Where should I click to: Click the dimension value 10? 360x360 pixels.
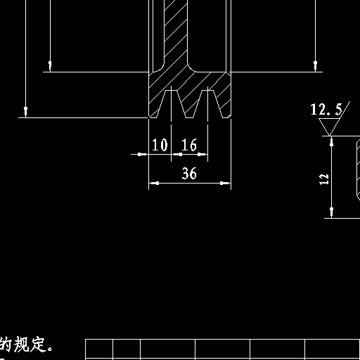click(x=160, y=145)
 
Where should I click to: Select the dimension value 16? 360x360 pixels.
click(x=189, y=145)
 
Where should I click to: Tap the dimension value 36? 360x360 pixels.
click(x=189, y=173)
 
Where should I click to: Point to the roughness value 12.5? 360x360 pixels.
click(x=326, y=109)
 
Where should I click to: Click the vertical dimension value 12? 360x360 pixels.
click(x=324, y=179)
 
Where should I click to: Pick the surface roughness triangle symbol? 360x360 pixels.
click(x=330, y=127)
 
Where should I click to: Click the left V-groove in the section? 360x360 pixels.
click(x=172, y=104)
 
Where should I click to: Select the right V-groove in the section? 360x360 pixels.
click(x=208, y=104)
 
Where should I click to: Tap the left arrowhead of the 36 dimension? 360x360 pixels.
click(x=154, y=183)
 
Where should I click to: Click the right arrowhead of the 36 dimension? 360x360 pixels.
click(x=226, y=183)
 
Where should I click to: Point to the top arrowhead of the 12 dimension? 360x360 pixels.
click(x=331, y=141)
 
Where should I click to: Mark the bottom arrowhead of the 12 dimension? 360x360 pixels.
click(x=331, y=213)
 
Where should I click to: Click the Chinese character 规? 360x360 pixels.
click(x=22, y=344)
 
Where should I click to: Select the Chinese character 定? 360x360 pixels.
click(x=37, y=344)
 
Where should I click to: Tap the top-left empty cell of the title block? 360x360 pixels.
click(x=99, y=349)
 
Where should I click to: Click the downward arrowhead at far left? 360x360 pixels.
click(x=26, y=112)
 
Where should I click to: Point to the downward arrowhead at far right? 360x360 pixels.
click(x=315, y=67)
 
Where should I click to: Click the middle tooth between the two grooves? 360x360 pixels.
click(x=190, y=104)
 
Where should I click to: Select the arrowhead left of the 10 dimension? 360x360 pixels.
click(x=142, y=154)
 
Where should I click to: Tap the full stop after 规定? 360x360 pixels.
click(x=50, y=348)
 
